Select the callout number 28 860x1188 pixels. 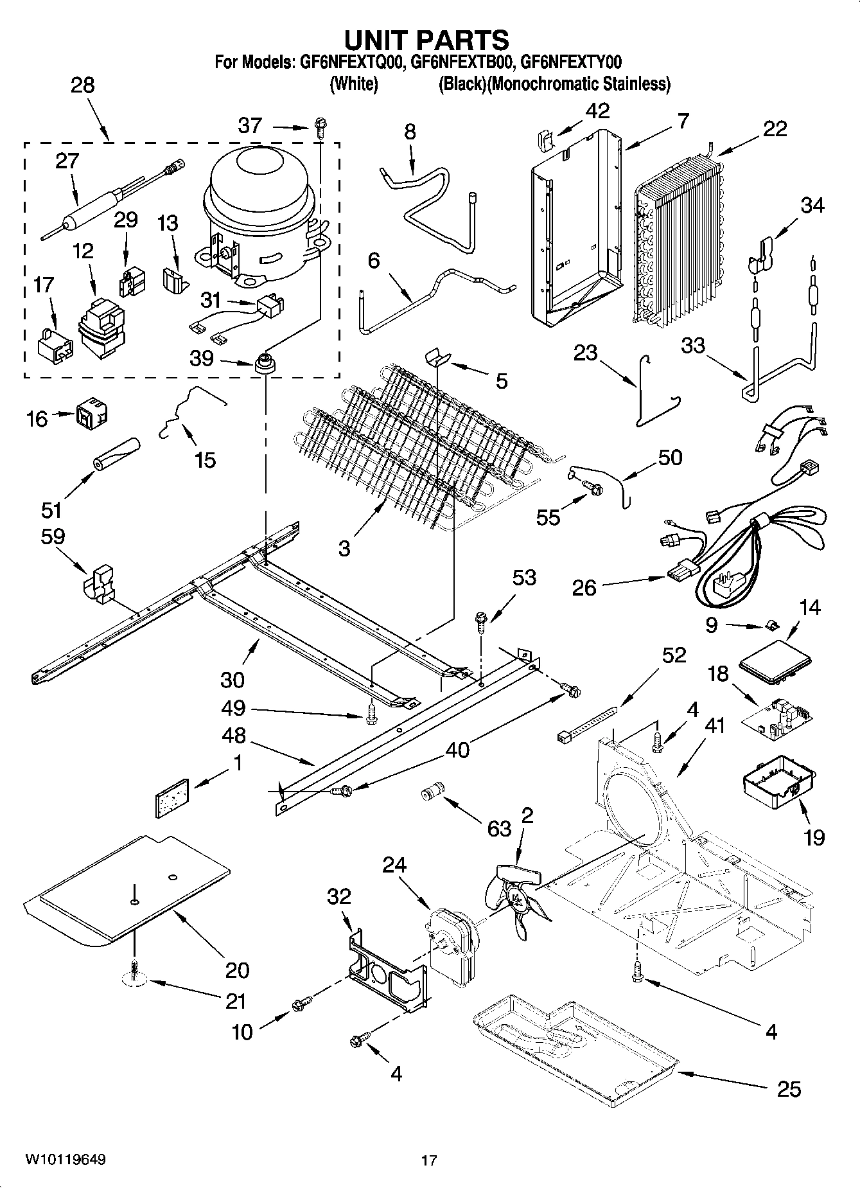pyautogui.click(x=82, y=85)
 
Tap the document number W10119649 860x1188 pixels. pyautogui.click(x=66, y=1160)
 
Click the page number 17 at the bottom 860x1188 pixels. pyautogui.click(x=429, y=1160)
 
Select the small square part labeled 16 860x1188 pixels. pyautogui.click(x=92, y=414)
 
